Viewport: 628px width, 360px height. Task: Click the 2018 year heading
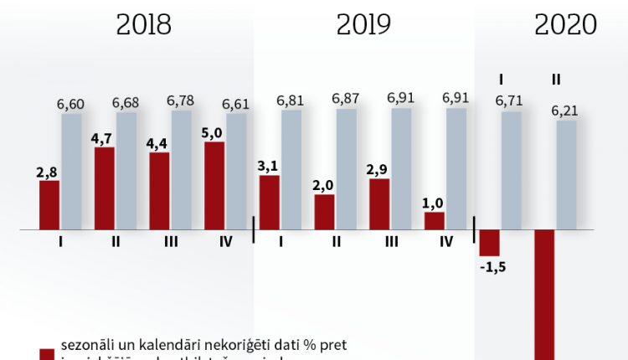tap(144, 25)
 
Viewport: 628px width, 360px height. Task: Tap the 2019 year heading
tap(364, 25)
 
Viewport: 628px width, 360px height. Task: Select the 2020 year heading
tap(565, 25)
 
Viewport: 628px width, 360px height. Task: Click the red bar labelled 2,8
tap(49, 205)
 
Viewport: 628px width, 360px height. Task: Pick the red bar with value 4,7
tap(105, 188)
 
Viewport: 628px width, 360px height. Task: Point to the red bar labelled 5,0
tap(214, 186)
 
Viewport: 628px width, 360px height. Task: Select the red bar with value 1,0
tap(435, 221)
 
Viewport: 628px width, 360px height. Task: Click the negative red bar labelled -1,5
tap(489, 243)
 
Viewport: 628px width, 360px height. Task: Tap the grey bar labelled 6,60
tap(71, 172)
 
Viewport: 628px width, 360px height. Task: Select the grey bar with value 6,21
tap(567, 175)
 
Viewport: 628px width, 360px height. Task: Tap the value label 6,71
tap(511, 101)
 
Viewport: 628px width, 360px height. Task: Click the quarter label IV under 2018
tap(225, 242)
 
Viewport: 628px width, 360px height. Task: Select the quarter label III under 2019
tap(391, 242)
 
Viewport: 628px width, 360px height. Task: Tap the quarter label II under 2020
tap(556, 80)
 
